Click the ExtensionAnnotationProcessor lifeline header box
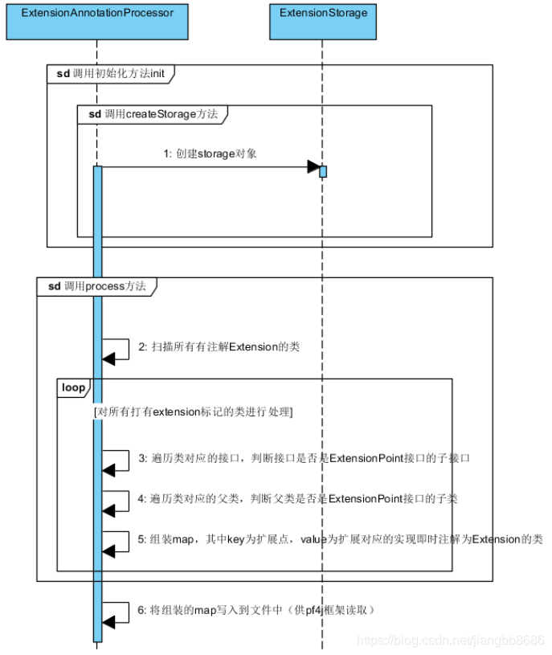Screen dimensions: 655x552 pos(96,21)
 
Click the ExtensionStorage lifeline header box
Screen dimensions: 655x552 pos(323,21)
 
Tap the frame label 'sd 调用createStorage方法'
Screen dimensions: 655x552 pos(153,114)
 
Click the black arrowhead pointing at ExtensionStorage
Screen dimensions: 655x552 pos(313,167)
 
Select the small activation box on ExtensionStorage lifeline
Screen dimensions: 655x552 pos(323,171)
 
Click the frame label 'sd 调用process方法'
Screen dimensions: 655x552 pos(96,286)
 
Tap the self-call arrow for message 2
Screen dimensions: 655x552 pos(117,350)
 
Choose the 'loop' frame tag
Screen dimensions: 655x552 pos(73,387)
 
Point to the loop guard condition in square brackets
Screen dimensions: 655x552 pos(193,411)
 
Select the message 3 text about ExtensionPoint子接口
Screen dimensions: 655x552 pos(304,457)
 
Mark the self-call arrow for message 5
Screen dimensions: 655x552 pos(117,541)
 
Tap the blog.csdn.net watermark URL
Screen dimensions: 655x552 pos(450,641)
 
